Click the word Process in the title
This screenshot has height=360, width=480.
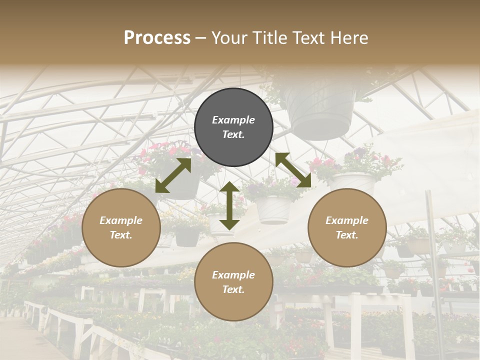[157, 38]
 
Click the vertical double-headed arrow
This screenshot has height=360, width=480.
[229, 205]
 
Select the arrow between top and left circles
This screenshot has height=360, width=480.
[173, 175]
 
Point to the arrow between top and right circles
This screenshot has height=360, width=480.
[293, 170]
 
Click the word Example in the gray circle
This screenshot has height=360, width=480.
[233, 120]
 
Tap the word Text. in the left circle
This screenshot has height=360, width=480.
[121, 235]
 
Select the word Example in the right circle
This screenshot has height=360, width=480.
[347, 220]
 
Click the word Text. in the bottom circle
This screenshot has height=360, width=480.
[233, 289]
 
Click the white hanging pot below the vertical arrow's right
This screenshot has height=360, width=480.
[272, 209]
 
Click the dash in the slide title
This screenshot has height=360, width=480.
[201, 38]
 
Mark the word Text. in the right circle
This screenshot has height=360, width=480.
[347, 235]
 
